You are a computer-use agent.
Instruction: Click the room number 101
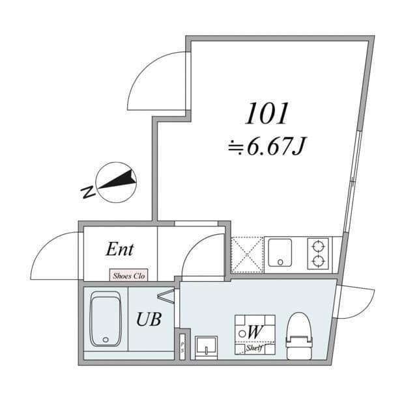pyautogui.click(x=266, y=114)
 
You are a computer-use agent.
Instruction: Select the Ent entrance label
pyautogui.click(x=119, y=249)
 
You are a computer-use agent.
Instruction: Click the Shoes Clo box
pyautogui.click(x=129, y=275)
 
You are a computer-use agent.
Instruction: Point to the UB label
pyautogui.click(x=149, y=319)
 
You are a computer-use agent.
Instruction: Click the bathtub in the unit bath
pyautogui.click(x=106, y=319)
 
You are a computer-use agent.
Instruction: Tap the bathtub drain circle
pyautogui.click(x=106, y=340)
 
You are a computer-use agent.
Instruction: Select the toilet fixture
pyautogui.click(x=300, y=336)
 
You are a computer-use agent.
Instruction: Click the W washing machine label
pyautogui.click(x=255, y=332)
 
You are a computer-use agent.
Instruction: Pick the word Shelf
pyautogui.click(x=254, y=348)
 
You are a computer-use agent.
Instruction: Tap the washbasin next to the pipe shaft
pyautogui.click(x=206, y=347)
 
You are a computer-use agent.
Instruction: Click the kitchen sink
pyautogui.click(x=280, y=252)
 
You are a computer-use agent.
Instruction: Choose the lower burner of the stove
pyautogui.click(x=318, y=261)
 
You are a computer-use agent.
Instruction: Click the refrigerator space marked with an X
pyautogui.click(x=247, y=255)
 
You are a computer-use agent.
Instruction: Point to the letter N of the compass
pyautogui.click(x=87, y=192)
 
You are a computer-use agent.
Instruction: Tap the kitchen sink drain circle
pyautogui.click(x=280, y=262)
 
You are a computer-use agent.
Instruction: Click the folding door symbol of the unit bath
pyautogui.click(x=166, y=296)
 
